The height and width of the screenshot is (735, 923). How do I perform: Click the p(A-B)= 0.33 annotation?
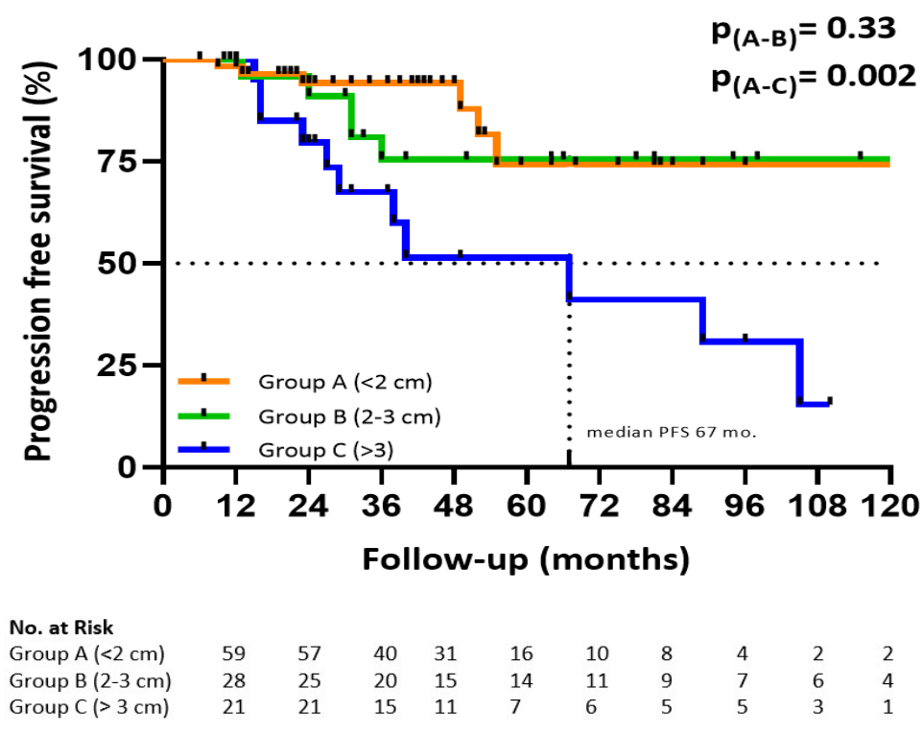[x=802, y=32]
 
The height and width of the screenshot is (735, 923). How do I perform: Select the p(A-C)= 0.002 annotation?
[x=812, y=79]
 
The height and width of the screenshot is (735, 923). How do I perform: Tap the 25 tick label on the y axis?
[x=118, y=366]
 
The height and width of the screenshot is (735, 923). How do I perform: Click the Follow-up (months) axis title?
[x=525, y=558]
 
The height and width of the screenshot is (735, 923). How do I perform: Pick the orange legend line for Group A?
[x=204, y=381]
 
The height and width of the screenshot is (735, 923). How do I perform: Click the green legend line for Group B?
[x=204, y=415]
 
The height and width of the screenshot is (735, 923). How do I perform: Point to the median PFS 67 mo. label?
[x=672, y=432]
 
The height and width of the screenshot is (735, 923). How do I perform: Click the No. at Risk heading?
[x=61, y=628]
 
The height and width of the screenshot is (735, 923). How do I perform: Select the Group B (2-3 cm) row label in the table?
[x=90, y=682]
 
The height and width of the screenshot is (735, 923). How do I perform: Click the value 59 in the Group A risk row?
[x=233, y=654]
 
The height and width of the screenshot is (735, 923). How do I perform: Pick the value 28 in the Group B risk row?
[x=233, y=682]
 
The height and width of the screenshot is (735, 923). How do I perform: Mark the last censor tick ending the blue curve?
[x=829, y=401]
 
